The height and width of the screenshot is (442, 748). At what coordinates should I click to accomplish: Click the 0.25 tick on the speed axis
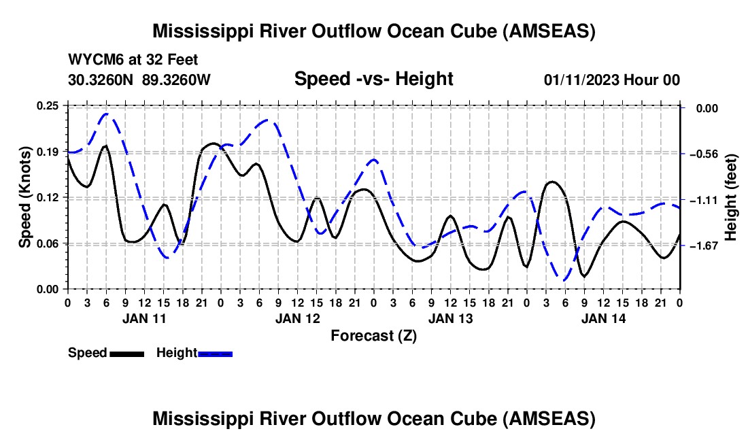click(x=48, y=105)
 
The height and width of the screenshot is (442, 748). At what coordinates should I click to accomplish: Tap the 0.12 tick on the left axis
click(x=48, y=197)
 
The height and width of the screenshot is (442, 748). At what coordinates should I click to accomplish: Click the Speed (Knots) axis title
click(x=25, y=197)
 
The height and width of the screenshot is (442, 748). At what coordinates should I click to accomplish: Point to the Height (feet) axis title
click(x=732, y=197)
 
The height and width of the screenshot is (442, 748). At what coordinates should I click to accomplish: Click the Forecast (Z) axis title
click(x=373, y=335)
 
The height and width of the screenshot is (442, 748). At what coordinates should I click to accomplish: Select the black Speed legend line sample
click(x=126, y=353)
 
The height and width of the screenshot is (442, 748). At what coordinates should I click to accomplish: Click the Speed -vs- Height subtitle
click(x=373, y=79)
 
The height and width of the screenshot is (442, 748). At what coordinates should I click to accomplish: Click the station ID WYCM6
click(x=92, y=60)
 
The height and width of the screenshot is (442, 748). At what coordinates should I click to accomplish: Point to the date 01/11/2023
click(x=581, y=80)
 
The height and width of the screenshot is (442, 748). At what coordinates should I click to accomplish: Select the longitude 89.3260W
click(x=177, y=80)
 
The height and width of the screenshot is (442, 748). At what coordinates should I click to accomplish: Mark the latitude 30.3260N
click(x=101, y=80)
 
